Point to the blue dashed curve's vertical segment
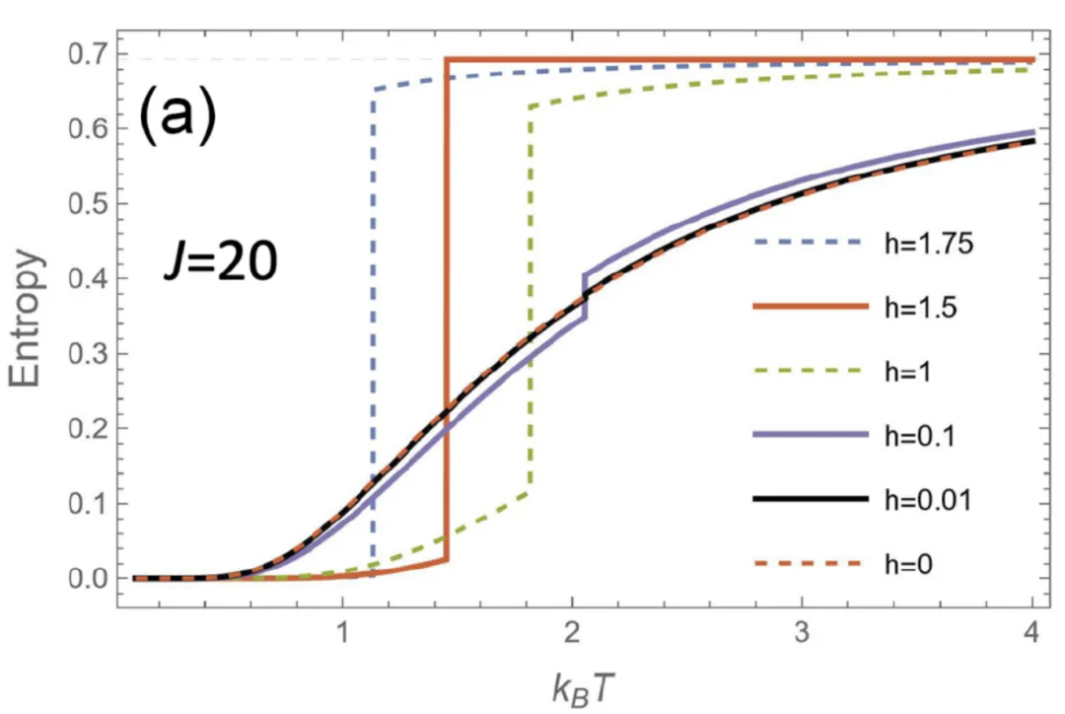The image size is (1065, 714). click(373, 325)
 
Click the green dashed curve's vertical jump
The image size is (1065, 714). click(531, 296)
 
